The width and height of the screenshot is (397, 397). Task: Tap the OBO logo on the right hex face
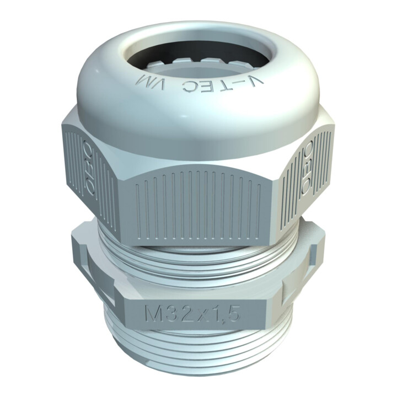click(x=307, y=168)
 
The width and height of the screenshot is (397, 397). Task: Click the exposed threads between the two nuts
click(x=198, y=261)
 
